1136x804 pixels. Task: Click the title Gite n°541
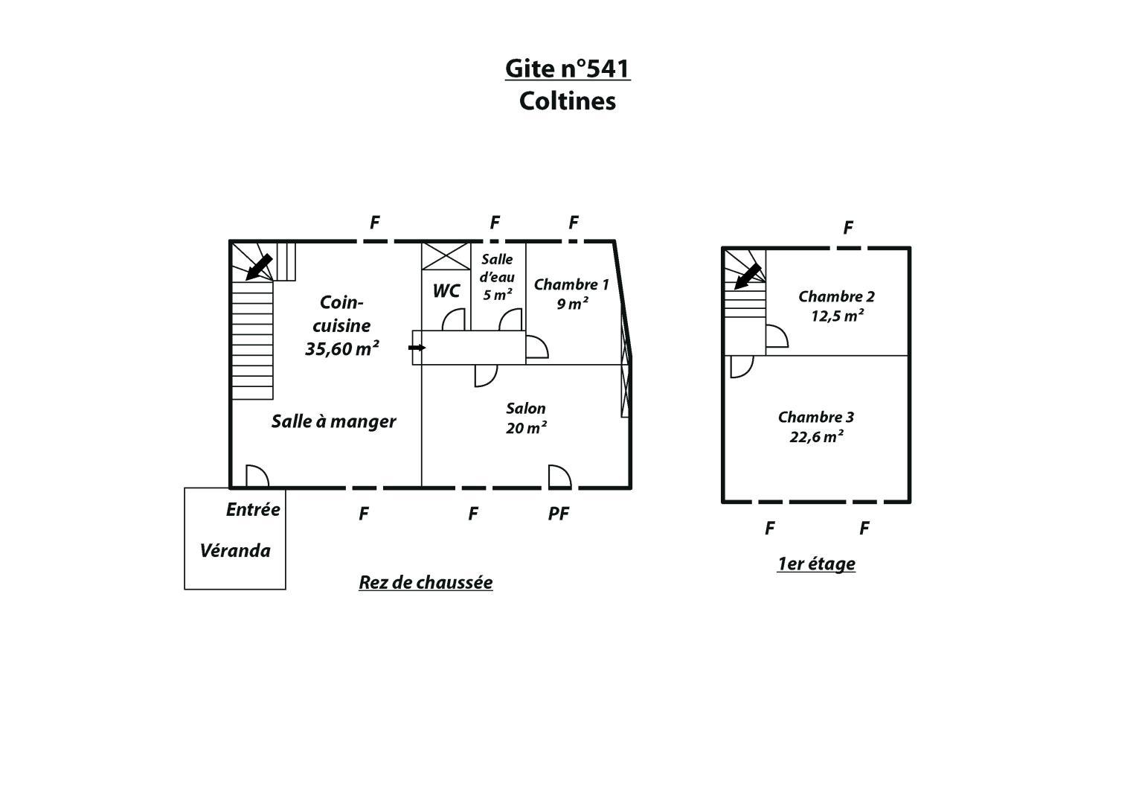click(568, 68)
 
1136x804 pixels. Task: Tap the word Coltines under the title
click(568, 101)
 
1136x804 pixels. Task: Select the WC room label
click(446, 291)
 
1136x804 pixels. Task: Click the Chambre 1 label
click(571, 284)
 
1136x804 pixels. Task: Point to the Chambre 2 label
click(837, 296)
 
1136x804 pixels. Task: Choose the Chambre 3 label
click(816, 417)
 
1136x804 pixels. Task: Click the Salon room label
click(526, 409)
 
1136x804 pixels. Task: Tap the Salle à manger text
click(334, 422)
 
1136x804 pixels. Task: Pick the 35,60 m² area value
click(341, 348)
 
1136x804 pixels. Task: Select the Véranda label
click(235, 551)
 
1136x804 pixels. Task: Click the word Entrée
click(253, 510)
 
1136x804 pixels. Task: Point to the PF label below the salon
click(559, 514)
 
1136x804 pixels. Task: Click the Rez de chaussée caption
click(426, 583)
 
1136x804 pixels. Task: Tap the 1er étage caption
click(816, 564)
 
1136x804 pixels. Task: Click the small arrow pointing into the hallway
click(417, 348)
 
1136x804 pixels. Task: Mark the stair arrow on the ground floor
click(259, 267)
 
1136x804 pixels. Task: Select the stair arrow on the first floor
click(748, 277)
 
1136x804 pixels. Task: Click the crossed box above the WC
click(446, 256)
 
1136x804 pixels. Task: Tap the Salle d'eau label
click(497, 268)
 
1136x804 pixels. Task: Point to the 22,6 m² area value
click(817, 437)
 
